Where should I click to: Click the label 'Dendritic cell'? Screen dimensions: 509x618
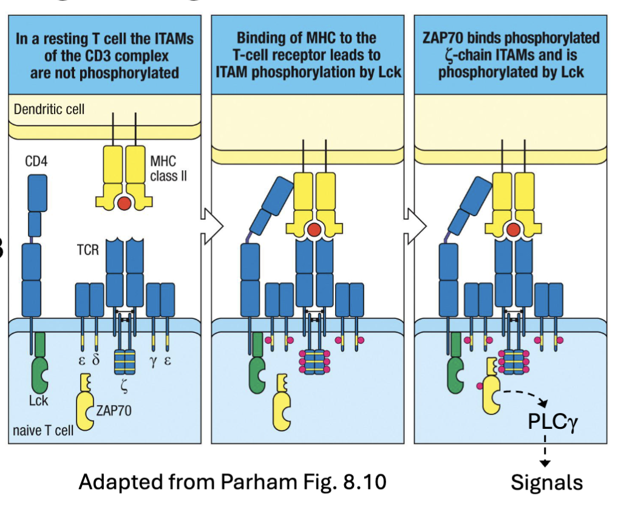49,110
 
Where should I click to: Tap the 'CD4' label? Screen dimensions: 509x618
38,162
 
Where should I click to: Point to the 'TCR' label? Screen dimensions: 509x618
88,249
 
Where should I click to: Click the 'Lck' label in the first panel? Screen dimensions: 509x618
38,401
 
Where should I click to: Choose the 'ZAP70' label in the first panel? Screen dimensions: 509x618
114,411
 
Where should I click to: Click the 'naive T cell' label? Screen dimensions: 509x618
43,431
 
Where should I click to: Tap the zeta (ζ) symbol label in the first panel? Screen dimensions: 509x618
124,384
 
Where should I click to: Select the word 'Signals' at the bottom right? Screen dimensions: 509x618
546,482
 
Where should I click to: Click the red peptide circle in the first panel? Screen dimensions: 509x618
124,202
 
